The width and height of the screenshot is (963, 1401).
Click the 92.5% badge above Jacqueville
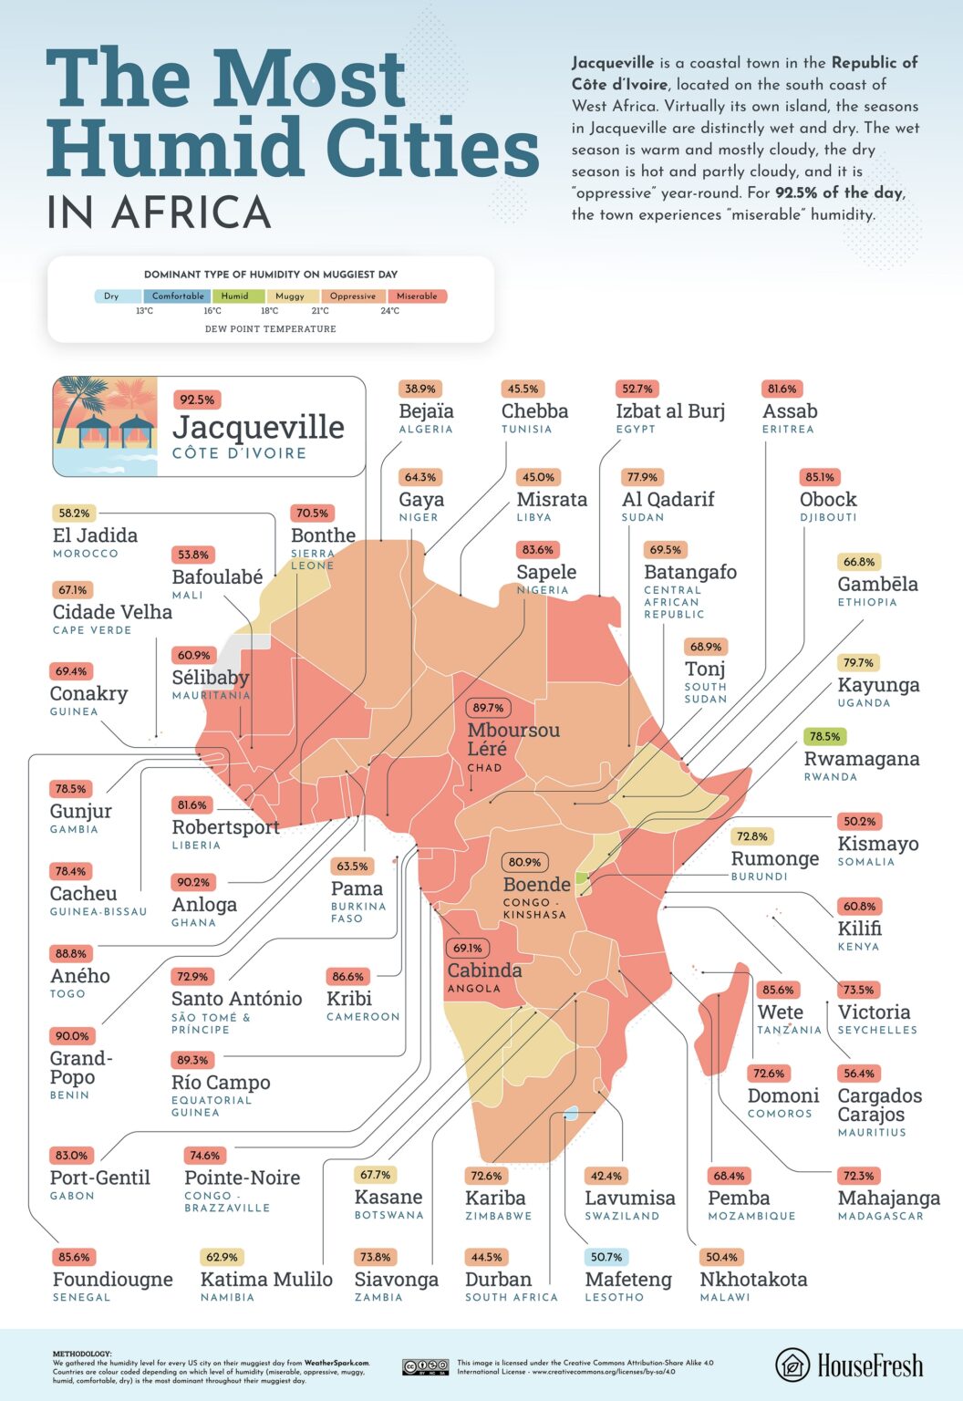pos(197,400)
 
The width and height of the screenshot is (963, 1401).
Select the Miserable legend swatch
pos(417,296)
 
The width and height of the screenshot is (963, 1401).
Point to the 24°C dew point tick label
pos(389,311)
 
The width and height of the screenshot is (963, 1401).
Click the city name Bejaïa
pos(426,411)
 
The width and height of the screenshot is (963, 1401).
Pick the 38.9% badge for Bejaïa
pos(419,389)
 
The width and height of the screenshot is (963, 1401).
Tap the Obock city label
pos(828,500)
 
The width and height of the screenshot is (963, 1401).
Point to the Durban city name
pos(498,1280)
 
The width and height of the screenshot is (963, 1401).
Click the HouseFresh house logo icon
pos(792,1365)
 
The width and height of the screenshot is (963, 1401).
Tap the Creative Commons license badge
pos(425,1366)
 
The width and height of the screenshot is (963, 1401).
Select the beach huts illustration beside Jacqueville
pos(105,426)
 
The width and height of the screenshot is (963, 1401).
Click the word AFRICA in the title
pos(192,212)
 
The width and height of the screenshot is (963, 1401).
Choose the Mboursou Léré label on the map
pos(513,739)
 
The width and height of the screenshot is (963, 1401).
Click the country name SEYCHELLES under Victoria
pos(877,1030)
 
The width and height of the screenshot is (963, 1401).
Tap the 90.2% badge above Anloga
pos(193,882)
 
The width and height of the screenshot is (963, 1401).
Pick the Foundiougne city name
pos(112,1280)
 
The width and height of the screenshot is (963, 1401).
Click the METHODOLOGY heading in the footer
pos(82,1354)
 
